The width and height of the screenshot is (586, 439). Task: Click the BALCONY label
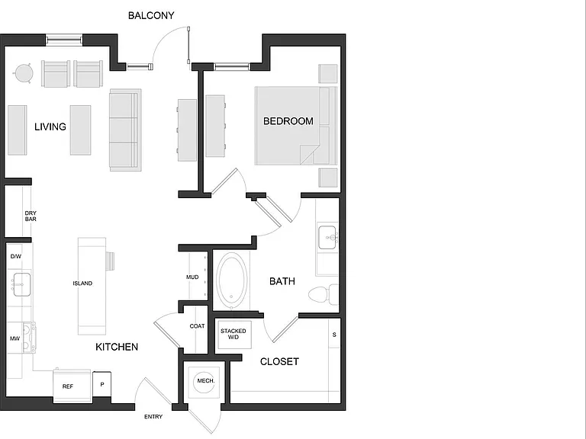pyautogui.click(x=151, y=15)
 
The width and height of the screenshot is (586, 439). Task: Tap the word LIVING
pyautogui.click(x=50, y=127)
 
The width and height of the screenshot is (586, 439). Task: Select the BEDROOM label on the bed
pyautogui.click(x=288, y=121)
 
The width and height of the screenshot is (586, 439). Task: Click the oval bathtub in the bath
pyautogui.click(x=232, y=280)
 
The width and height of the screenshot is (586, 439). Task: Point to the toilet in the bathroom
pyautogui.click(x=324, y=294)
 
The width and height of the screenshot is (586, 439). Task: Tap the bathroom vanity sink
pyautogui.click(x=328, y=238)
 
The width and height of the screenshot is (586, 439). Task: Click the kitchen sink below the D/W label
pyautogui.click(x=21, y=284)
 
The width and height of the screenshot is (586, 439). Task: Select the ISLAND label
pyautogui.click(x=82, y=284)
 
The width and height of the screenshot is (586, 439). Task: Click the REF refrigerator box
pyautogui.click(x=72, y=386)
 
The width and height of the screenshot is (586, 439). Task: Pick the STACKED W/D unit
pyautogui.click(x=234, y=335)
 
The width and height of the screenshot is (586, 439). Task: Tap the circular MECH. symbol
pyautogui.click(x=205, y=382)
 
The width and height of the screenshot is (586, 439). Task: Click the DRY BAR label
pyautogui.click(x=31, y=216)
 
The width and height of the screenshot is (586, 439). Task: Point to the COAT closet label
pyautogui.click(x=197, y=326)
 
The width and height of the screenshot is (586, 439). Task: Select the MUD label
pyautogui.click(x=192, y=277)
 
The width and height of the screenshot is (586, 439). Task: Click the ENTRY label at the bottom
pyautogui.click(x=153, y=417)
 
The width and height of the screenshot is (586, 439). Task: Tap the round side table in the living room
pyautogui.click(x=24, y=73)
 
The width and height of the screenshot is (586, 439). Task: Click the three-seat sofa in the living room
pyautogui.click(x=125, y=130)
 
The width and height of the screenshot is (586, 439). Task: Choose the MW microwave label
pyautogui.click(x=14, y=338)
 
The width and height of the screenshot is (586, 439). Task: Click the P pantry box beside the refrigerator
pyautogui.click(x=101, y=384)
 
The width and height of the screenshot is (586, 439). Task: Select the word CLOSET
pyautogui.click(x=279, y=362)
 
